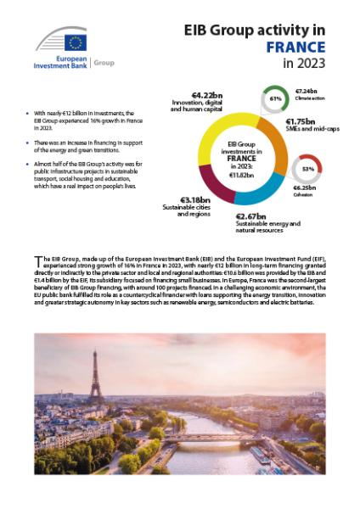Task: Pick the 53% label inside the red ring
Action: click(x=307, y=169)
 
